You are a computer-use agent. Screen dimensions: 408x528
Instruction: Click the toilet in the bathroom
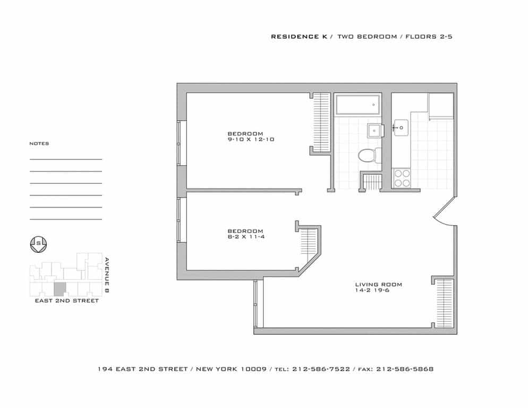[367, 156]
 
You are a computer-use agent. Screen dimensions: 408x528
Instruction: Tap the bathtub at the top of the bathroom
[357, 105]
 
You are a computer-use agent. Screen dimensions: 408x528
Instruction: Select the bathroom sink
[375, 129]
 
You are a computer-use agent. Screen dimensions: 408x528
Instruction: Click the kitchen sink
[400, 126]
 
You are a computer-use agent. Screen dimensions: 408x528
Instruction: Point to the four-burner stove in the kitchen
[401, 177]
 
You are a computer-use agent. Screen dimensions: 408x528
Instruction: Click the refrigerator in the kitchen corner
[441, 106]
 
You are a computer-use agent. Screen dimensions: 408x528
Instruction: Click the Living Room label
[379, 285]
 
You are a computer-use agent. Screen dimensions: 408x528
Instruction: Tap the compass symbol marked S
[39, 244]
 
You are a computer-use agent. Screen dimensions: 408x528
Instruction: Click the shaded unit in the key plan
[60, 289]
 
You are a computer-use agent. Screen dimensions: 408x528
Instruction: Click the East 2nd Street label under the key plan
[66, 301]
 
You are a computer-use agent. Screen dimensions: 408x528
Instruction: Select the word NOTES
[39, 143]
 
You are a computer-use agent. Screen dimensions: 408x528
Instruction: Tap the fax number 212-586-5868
[405, 369]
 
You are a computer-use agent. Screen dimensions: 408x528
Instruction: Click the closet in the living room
[444, 303]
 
